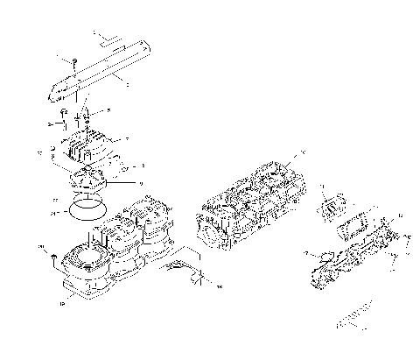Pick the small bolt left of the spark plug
click(x=64, y=116)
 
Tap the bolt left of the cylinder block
click(x=54, y=257)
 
